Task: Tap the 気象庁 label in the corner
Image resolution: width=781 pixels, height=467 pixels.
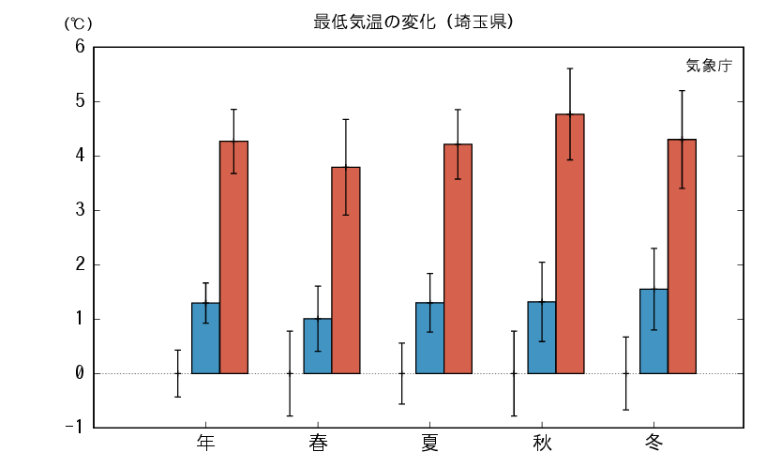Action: (708, 66)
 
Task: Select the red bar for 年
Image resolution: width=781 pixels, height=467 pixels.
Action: (233, 257)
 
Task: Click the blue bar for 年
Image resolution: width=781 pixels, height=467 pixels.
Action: (205, 338)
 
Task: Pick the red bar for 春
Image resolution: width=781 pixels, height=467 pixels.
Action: (346, 270)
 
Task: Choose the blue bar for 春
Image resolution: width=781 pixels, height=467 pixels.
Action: (318, 346)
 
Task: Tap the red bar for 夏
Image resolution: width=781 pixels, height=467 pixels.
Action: (458, 259)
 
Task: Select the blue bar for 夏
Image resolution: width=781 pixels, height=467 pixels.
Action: (429, 338)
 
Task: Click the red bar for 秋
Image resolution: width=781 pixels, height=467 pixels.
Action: (570, 244)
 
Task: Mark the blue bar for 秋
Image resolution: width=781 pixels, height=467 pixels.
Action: (542, 338)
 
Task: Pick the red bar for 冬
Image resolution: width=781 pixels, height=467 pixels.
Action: (682, 256)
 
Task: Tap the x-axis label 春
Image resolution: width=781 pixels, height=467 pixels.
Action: (318, 443)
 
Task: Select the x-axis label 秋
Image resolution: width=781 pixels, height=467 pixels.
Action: (542, 443)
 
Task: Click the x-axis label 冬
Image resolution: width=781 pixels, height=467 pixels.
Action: (653, 443)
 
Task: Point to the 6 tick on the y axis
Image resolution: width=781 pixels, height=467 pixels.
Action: (80, 47)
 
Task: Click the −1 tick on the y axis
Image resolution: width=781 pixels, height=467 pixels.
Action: (75, 428)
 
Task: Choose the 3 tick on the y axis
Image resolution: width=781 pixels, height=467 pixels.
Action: (80, 210)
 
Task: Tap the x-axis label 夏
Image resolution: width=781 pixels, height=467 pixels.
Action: (429, 443)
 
